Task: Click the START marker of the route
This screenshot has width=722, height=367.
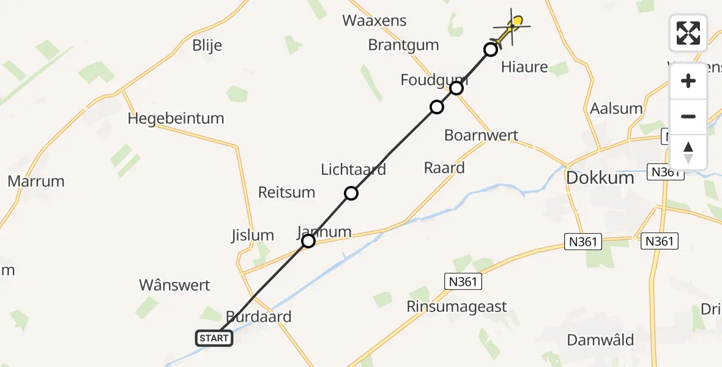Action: click(x=214, y=338)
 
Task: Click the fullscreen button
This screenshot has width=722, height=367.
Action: click(x=688, y=33)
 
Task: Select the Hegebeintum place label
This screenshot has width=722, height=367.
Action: click(x=176, y=118)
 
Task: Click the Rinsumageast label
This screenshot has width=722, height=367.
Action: click(x=457, y=306)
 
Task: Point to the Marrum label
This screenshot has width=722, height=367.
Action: click(x=36, y=181)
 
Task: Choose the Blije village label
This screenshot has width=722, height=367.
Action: click(x=207, y=45)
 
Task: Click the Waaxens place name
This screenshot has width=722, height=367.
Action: click(x=374, y=20)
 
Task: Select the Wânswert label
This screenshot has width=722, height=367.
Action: click(x=174, y=285)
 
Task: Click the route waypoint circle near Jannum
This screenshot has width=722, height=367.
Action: click(x=308, y=241)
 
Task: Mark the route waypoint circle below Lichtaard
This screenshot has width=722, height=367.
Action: click(x=351, y=193)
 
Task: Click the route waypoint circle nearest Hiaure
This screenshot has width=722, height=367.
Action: click(x=491, y=50)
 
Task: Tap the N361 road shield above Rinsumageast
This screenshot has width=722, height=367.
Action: click(x=463, y=281)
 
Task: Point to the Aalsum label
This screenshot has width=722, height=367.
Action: click(x=616, y=109)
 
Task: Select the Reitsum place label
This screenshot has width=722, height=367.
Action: click(x=286, y=192)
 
